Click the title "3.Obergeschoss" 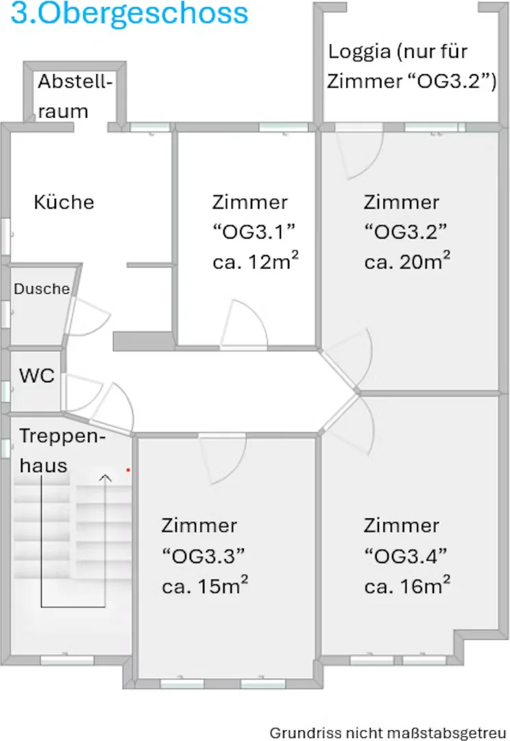pos(130,13)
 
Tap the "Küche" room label pos(64,202)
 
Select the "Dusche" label pos(42,289)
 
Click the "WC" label pos(37,376)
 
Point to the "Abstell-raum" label pos(75,97)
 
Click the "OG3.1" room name pos(254,232)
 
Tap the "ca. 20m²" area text pos(407,261)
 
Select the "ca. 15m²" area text pos(204,585)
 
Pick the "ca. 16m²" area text pos(407,585)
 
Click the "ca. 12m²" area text pos(256,261)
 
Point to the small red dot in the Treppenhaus pos(128,470)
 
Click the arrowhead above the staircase pos(106,478)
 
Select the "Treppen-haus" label pos(62,451)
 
